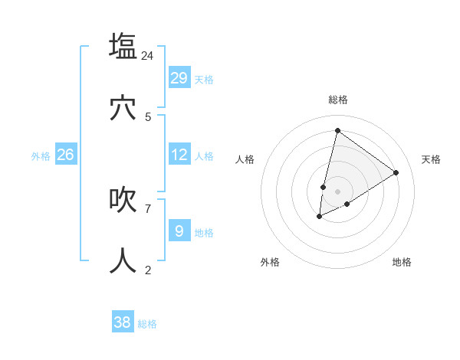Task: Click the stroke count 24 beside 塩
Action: (x=148, y=55)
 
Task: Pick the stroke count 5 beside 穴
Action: (x=148, y=116)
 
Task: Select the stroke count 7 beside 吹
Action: (x=148, y=208)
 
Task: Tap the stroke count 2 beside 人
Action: (x=148, y=270)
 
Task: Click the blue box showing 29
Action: (x=179, y=78)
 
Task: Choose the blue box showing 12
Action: (x=179, y=155)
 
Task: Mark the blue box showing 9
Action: (x=179, y=230)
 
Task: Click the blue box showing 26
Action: (x=65, y=155)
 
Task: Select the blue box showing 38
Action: (x=123, y=322)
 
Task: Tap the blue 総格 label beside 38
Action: (x=147, y=324)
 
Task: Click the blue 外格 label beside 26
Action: (x=41, y=156)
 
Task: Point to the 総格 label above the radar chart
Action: (x=337, y=100)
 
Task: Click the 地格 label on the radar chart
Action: (x=402, y=262)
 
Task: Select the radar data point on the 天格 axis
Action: (x=396, y=172)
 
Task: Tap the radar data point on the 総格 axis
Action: (x=337, y=130)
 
